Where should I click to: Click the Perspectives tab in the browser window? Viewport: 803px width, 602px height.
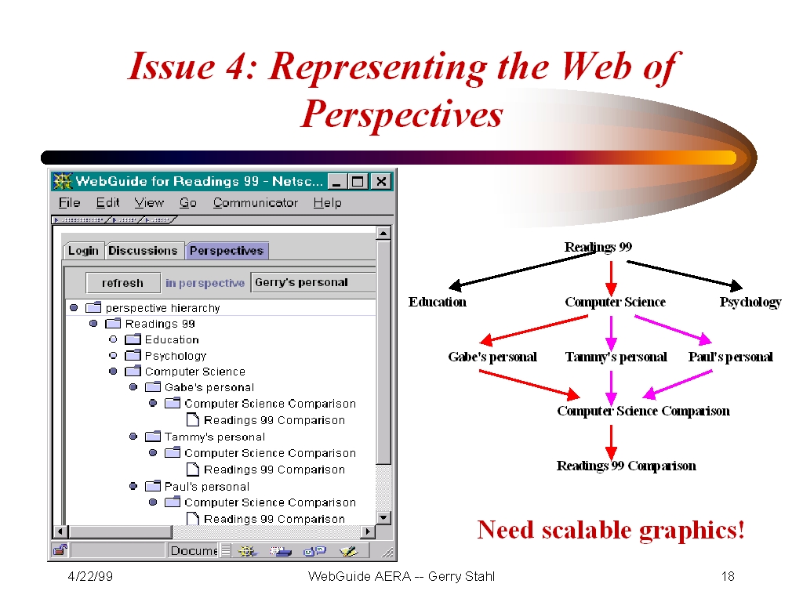tap(227, 250)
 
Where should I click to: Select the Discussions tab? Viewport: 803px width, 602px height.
tap(143, 250)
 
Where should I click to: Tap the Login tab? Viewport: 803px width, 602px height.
tap(83, 251)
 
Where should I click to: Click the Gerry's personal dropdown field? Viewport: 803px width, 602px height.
tap(313, 282)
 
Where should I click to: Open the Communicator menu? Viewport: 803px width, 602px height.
tap(256, 203)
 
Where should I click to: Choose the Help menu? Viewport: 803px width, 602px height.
tap(327, 203)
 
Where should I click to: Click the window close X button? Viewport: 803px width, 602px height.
tap(381, 181)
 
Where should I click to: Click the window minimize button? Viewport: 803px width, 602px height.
tap(336, 181)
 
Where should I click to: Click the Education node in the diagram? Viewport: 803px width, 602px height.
tap(438, 302)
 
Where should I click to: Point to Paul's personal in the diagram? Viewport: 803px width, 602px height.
tap(730, 357)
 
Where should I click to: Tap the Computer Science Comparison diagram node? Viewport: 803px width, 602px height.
tap(643, 411)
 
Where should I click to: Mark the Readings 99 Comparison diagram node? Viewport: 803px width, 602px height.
tap(627, 466)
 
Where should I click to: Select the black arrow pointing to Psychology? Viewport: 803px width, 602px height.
tap(685, 274)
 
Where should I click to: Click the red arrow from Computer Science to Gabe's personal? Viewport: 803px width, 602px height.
tap(533, 329)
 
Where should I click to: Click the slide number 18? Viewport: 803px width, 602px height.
tap(728, 576)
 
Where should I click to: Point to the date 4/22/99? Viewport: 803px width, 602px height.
tap(90, 576)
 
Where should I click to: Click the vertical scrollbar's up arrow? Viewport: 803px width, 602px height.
tap(383, 234)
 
